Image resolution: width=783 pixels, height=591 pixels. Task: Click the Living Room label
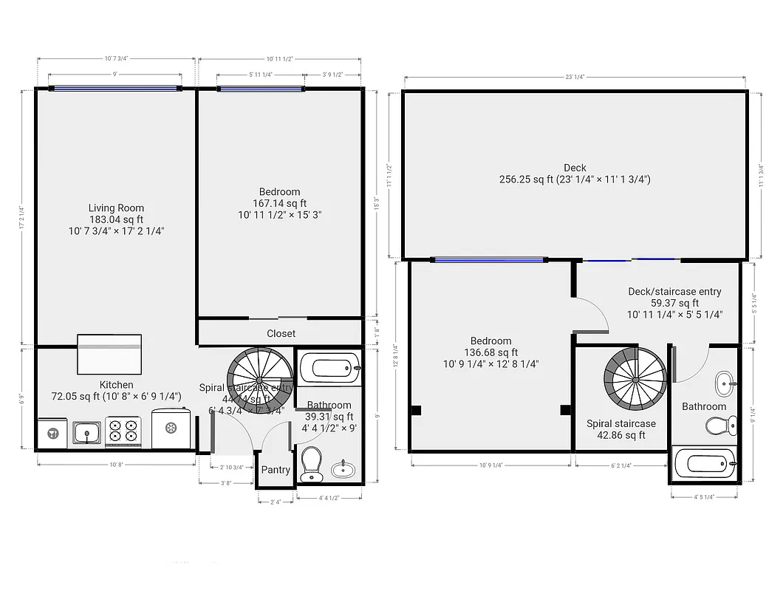tap(116, 208)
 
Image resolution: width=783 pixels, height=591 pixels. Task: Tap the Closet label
tap(281, 333)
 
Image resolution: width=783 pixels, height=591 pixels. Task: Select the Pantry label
tap(276, 470)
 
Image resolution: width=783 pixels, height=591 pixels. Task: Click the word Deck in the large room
tap(574, 168)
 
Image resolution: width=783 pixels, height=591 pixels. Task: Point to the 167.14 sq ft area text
tap(279, 203)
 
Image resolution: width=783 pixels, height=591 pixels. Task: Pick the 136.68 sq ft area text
tap(490, 352)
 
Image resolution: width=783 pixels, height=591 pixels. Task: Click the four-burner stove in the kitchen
tap(123, 432)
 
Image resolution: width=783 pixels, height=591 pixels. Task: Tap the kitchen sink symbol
tap(87, 432)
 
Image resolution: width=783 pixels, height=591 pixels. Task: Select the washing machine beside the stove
tap(171, 428)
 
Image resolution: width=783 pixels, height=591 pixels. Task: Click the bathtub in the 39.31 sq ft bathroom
tap(329, 367)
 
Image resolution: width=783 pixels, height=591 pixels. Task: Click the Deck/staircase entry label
tap(674, 292)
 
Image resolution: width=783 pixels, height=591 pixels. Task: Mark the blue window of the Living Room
tap(115, 88)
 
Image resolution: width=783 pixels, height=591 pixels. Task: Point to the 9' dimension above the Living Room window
tap(115, 75)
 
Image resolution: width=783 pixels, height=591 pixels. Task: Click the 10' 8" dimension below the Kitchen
tap(115, 465)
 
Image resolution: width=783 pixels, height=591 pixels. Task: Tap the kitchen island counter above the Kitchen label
tap(109, 354)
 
